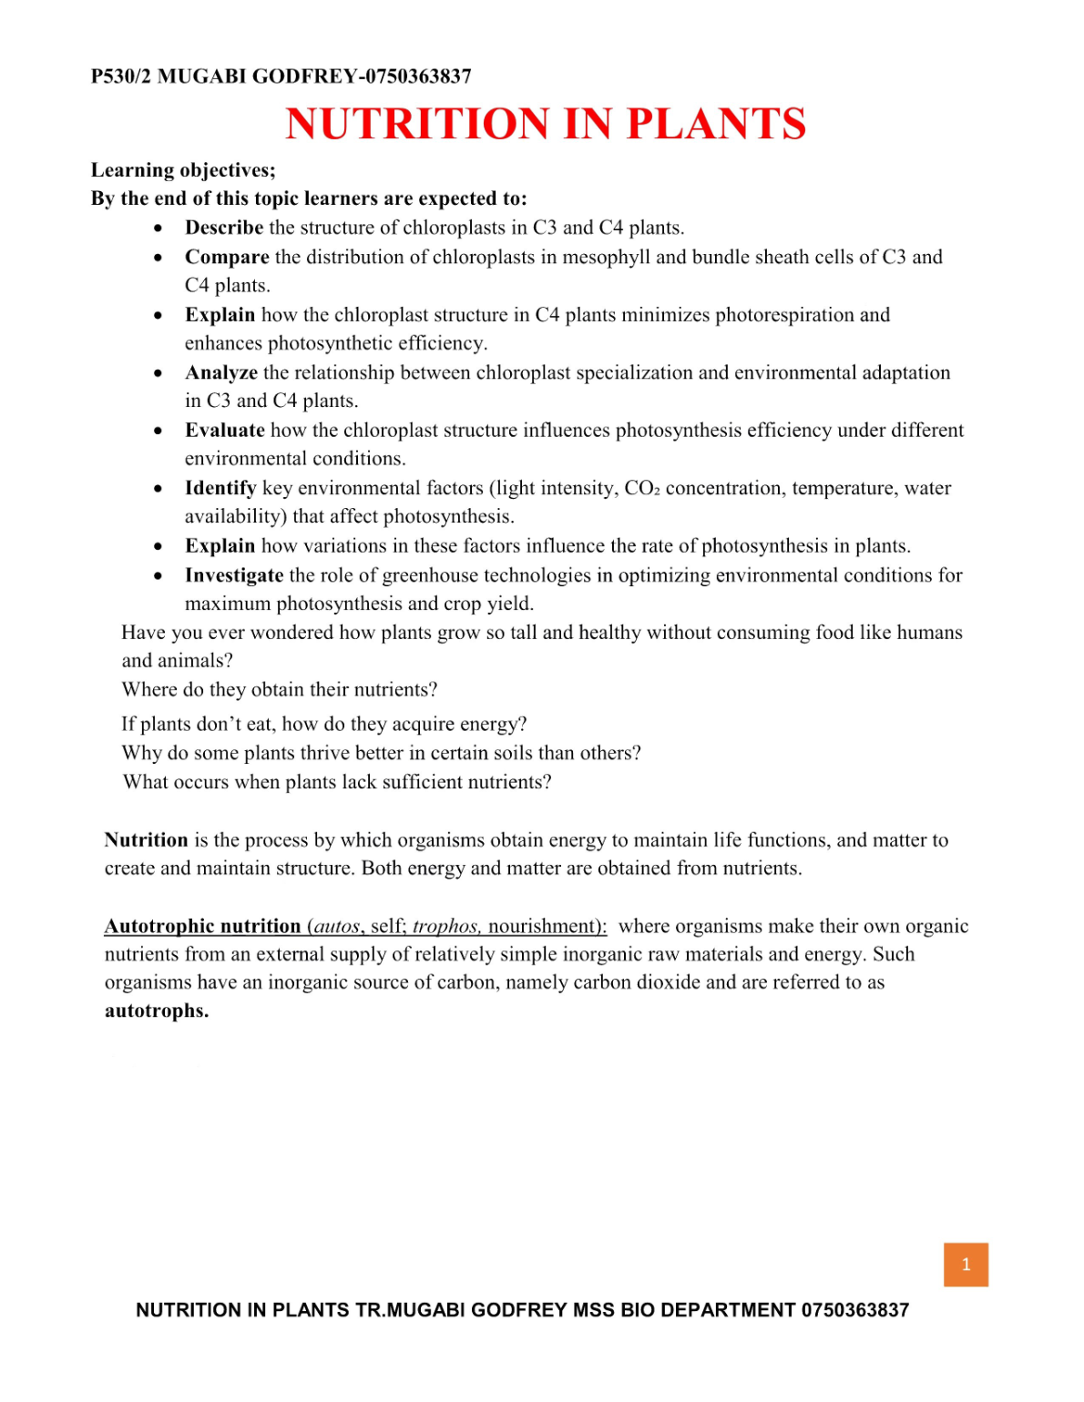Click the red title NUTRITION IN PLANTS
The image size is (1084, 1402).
tap(546, 124)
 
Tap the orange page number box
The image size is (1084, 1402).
tap(966, 1265)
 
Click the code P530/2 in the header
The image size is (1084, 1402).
tap(121, 76)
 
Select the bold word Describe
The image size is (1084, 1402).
tap(224, 228)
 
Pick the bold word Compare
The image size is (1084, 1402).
tap(227, 258)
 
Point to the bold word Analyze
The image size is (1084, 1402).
tap(221, 373)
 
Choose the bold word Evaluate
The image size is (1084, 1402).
tap(225, 431)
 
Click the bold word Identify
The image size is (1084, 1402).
tap(220, 489)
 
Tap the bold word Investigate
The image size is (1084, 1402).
tap(234, 575)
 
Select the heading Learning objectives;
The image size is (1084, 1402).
tap(183, 170)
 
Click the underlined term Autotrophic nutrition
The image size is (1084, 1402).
tap(202, 927)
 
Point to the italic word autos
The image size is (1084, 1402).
tap(337, 927)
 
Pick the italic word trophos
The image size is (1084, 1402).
tap(445, 927)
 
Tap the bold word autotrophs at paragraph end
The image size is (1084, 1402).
tap(156, 1011)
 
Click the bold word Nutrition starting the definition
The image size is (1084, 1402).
tap(146, 840)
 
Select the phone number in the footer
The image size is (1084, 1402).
tap(854, 1310)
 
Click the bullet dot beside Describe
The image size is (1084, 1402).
tap(159, 229)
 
